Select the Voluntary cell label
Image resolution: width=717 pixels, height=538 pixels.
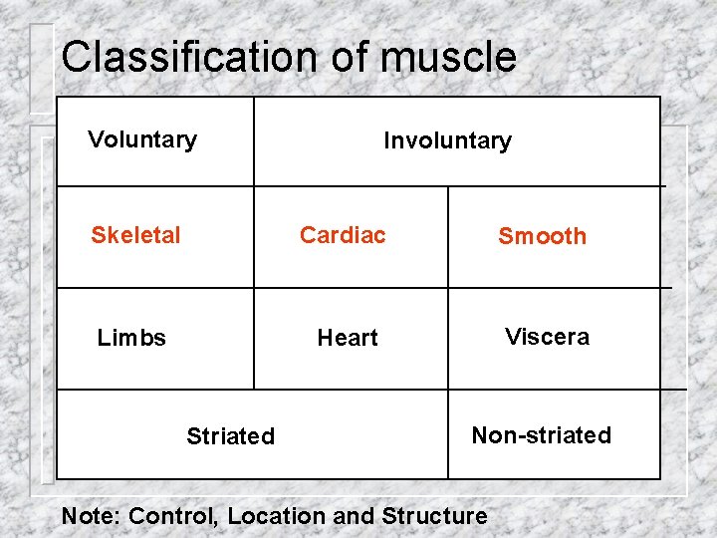click(142, 139)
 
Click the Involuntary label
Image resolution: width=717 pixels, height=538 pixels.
click(447, 141)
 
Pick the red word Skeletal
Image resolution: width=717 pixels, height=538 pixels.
click(135, 235)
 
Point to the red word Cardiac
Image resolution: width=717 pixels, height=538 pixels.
click(343, 235)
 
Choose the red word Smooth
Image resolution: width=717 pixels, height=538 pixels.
click(542, 236)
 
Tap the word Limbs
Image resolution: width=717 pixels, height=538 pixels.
click(131, 338)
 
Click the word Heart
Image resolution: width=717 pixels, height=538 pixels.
click(348, 338)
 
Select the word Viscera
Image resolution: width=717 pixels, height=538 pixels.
click(547, 337)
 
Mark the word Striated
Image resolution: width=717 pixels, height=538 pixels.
click(230, 436)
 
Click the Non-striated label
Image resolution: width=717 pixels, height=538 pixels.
click(541, 435)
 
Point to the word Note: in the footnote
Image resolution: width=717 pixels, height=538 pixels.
click(92, 516)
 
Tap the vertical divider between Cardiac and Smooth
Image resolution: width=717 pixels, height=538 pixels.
click(448, 237)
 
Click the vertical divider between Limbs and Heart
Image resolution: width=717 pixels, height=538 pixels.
click(254, 338)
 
